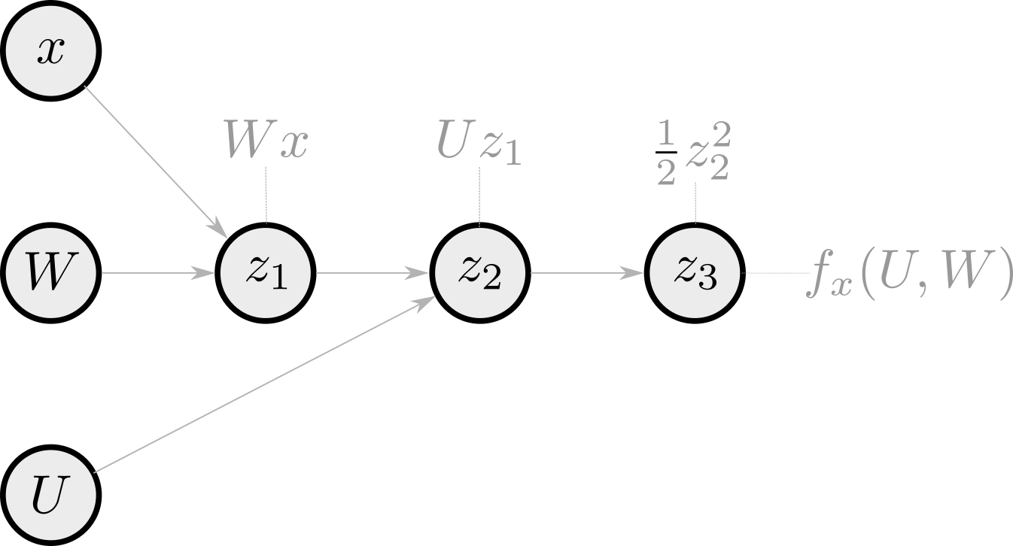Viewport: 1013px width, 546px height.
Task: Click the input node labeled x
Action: pos(50,53)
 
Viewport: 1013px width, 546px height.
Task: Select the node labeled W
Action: pos(50,274)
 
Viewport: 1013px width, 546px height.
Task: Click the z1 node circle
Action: pos(266,274)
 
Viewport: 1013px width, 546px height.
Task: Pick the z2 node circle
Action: pos(480,274)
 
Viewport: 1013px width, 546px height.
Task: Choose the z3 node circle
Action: pos(695,274)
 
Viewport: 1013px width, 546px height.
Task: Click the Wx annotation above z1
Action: pos(266,142)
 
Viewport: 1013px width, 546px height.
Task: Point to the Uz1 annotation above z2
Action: pos(479,145)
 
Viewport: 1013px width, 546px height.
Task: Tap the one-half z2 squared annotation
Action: pos(693,153)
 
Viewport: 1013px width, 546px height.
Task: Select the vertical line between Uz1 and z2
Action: pos(479,197)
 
